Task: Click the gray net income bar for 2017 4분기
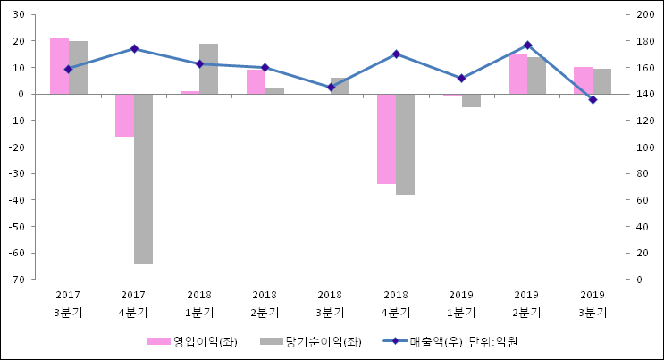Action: (143, 179)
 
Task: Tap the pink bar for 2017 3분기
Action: (59, 66)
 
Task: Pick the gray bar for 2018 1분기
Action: (208, 69)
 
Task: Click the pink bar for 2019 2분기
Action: (517, 74)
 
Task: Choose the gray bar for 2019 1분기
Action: (471, 100)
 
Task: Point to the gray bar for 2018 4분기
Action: (405, 144)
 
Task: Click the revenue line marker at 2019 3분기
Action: (593, 99)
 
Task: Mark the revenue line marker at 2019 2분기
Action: (527, 45)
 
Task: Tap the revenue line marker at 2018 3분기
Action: (331, 87)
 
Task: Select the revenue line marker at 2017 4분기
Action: (134, 48)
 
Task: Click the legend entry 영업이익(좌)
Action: (192, 341)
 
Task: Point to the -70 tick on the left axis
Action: (17, 280)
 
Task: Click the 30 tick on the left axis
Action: (19, 15)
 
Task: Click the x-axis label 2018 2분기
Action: (265, 303)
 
